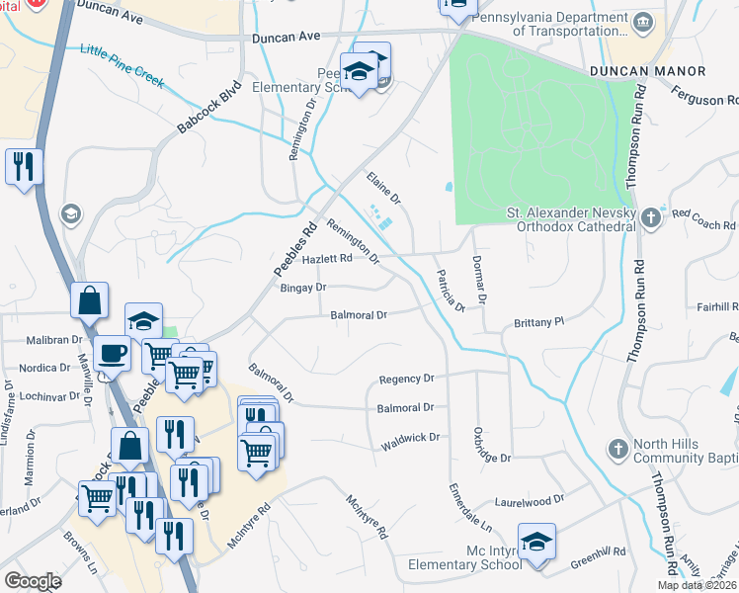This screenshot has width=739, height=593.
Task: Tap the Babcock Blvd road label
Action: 209,108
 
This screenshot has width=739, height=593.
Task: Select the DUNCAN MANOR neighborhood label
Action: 648,71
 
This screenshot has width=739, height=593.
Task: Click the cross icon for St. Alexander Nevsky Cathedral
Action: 651,216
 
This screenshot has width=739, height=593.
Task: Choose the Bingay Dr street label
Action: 303,288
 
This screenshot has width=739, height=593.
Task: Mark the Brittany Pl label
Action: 538,322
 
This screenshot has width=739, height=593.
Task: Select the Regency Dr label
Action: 407,379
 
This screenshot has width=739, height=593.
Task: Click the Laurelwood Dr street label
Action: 529,500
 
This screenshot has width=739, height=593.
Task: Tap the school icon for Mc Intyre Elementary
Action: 536,543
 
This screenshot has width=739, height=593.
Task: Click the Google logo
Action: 33,581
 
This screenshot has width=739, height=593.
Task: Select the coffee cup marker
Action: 112,353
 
